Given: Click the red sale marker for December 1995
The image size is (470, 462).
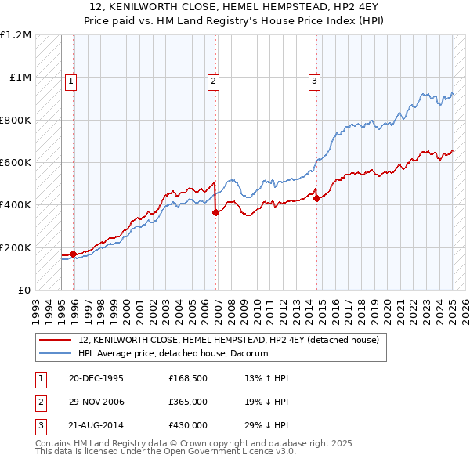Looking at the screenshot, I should pyautogui.click(x=73, y=254).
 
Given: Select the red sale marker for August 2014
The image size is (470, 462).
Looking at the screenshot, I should pyautogui.click(x=316, y=198).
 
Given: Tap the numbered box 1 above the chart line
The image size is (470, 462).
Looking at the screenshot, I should pyautogui.click(x=70, y=79).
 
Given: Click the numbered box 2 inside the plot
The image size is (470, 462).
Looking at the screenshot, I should pyautogui.click(x=213, y=79).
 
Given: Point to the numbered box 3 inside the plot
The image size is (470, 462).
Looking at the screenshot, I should pyautogui.click(x=314, y=79).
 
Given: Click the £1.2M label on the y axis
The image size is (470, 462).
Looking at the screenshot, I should pyautogui.click(x=16, y=35).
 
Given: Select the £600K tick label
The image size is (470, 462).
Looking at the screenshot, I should pyautogui.click(x=16, y=163).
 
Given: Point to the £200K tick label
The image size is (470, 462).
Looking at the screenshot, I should pyautogui.click(x=16, y=247).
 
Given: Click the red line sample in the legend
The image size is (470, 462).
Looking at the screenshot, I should pyautogui.click(x=56, y=341).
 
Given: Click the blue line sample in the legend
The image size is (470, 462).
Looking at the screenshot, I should pyautogui.click(x=56, y=354).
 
